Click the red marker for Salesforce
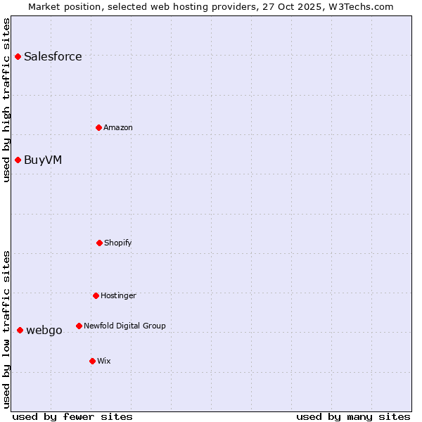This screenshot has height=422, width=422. (18, 56)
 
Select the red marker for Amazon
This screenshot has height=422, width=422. (98, 127)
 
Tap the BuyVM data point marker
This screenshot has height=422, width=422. (18, 160)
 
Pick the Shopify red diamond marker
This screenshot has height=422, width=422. (99, 243)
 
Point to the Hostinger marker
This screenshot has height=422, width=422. (96, 295)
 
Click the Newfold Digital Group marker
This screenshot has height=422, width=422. (79, 326)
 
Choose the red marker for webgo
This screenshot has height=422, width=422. (20, 330)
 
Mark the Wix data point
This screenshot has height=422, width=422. (92, 361)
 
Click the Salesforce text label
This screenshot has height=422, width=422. (53, 56)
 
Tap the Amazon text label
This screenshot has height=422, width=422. (118, 127)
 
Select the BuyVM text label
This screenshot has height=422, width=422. (43, 160)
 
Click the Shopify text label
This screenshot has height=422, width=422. (118, 243)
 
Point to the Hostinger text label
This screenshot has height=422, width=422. (118, 295)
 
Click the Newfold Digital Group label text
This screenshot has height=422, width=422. (124, 326)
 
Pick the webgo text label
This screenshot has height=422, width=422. (44, 330)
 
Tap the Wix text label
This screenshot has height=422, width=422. (104, 361)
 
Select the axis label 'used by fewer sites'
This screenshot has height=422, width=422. (72, 416)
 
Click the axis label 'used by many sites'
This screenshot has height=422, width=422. (353, 416)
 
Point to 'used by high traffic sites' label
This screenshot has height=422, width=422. (6, 100)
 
